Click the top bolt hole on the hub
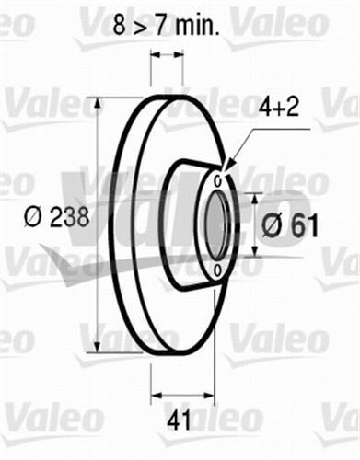(217, 172)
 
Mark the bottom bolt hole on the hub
(216, 269)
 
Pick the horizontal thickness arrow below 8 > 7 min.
(167, 55)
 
